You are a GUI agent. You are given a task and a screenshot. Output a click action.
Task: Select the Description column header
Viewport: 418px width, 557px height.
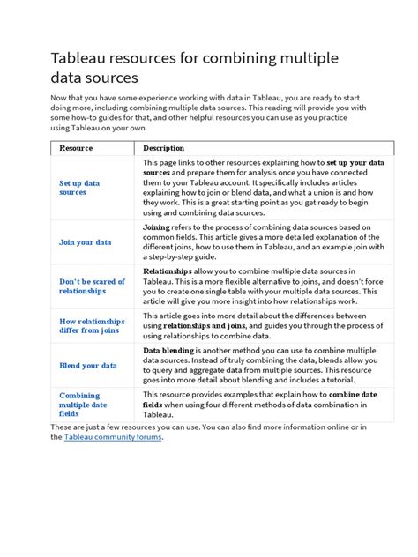pyautogui.click(x=164, y=148)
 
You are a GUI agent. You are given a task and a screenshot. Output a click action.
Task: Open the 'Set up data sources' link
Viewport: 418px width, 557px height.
pyautogui.click(x=78, y=188)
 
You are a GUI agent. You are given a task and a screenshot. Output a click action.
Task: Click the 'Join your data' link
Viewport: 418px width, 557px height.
pyautogui.click(x=85, y=241)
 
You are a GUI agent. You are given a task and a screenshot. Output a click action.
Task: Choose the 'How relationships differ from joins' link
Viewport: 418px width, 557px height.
pyautogui.click(x=92, y=327)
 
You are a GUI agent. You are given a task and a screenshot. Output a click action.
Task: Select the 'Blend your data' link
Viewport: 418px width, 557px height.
pyautogui.click(x=87, y=366)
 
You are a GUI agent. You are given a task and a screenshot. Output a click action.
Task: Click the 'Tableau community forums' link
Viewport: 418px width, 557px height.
pyautogui.click(x=113, y=437)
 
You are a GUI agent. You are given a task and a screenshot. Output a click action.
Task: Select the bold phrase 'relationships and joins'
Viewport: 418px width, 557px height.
pyautogui.click(x=208, y=326)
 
